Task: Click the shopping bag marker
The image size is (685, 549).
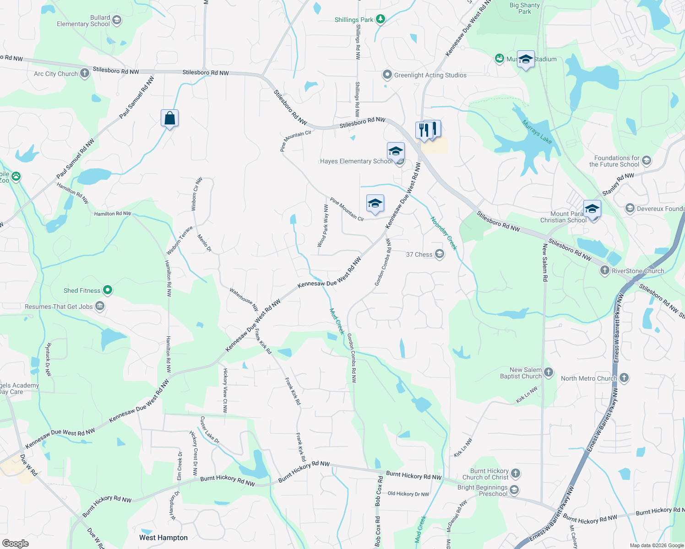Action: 169,118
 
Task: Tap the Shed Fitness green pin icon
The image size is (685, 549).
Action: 108,290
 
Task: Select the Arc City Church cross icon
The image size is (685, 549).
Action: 85,73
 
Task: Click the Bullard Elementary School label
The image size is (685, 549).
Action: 83,21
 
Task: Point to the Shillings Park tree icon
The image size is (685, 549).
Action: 380,19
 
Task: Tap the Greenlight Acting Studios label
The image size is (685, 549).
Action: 430,75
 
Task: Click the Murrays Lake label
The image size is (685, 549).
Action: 537,132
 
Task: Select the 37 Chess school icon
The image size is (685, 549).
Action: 440,254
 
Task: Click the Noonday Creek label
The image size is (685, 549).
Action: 444,233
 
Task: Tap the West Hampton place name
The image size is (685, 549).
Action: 163,538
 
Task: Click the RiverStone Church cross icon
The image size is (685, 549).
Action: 605,271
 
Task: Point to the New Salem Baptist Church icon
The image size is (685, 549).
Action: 549,372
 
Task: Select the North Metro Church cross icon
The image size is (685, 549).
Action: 624,378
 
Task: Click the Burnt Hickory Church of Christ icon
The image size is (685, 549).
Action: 516,474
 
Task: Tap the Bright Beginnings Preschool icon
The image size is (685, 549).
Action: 514,490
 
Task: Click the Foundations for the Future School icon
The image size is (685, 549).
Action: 647,161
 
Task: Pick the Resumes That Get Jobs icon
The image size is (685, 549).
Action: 100,307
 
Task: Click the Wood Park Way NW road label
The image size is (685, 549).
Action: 323,226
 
